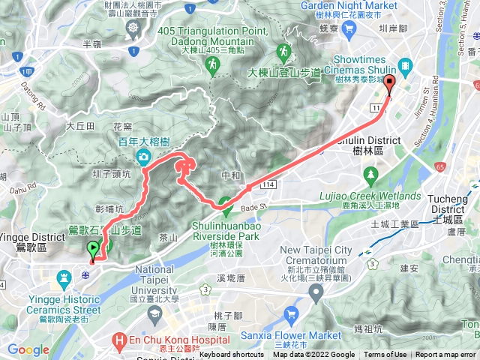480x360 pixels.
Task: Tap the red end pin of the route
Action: (x=389, y=85)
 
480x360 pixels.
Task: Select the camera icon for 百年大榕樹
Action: (x=142, y=157)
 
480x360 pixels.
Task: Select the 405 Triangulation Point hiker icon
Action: (x=214, y=67)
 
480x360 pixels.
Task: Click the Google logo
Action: (x=28, y=349)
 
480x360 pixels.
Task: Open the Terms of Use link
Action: (x=385, y=355)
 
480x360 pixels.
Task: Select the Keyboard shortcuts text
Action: (x=231, y=355)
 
